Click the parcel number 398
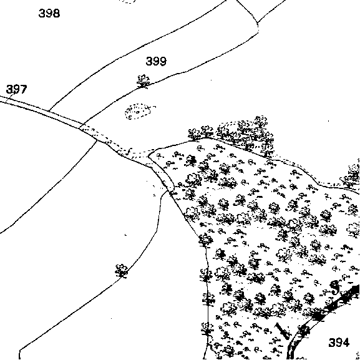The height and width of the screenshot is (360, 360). click(49, 13)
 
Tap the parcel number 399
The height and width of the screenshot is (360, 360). click(156, 61)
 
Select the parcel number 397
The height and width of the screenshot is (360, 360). click(16, 89)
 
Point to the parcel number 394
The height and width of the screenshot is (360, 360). click(339, 343)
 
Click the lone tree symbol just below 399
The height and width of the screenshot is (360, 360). click(143, 82)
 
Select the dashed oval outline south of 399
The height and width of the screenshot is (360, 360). click(139, 111)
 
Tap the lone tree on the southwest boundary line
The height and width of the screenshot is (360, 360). click(122, 271)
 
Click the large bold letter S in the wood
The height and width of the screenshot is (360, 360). click(335, 288)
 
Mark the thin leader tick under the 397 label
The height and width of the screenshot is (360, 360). click(11, 97)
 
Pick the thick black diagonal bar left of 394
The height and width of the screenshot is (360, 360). click(283, 331)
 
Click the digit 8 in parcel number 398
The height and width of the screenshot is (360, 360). click(56, 13)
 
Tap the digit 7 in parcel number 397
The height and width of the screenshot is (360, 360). click(24, 89)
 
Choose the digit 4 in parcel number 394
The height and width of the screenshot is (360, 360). click(346, 343)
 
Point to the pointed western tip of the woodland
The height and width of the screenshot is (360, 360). click(148, 157)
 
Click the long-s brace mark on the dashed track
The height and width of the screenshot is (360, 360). click(129, 152)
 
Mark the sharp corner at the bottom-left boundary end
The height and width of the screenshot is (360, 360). click(20, 351)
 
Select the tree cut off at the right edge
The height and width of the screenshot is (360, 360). click(351, 175)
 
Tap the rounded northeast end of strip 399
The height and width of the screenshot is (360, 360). click(258, 27)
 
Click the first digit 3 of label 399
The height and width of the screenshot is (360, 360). click(149, 61)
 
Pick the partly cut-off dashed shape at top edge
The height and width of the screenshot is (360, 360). click(128, 2)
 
